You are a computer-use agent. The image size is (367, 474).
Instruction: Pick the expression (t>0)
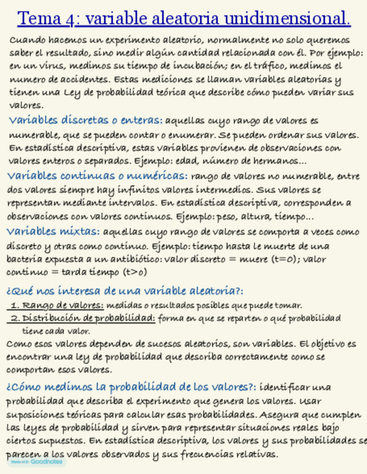point(135,273)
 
